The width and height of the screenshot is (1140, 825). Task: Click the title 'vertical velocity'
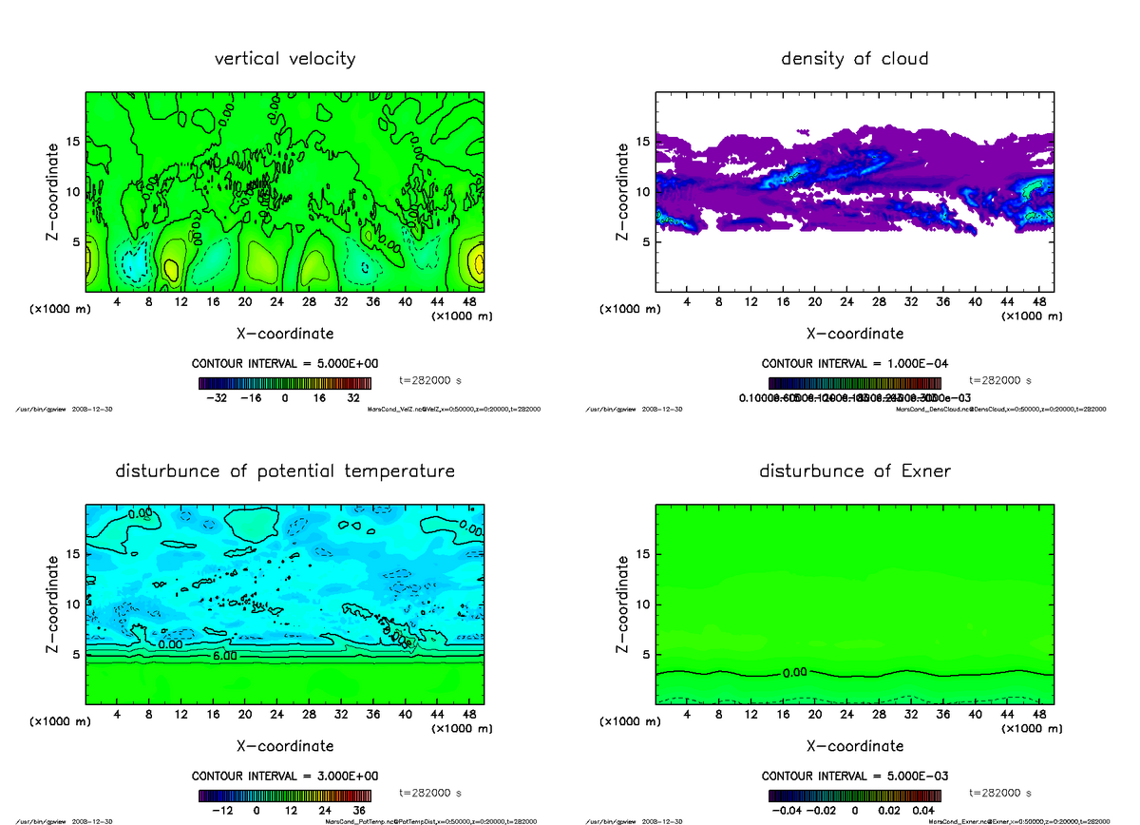(285, 59)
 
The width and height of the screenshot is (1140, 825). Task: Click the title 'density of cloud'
(854, 59)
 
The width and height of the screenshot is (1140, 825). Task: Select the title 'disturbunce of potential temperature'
(285, 471)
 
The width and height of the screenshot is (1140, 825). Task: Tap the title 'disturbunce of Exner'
(854, 471)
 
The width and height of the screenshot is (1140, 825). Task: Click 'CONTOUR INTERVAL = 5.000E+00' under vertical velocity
(285, 364)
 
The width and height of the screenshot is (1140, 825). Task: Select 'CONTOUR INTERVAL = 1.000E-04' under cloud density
(854, 364)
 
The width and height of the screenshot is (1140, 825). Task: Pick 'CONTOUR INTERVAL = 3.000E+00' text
(285, 776)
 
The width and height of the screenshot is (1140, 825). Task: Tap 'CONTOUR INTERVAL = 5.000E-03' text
(854, 776)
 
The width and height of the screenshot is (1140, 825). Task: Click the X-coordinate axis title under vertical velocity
(285, 334)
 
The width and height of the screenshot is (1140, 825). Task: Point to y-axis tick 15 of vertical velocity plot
(72, 141)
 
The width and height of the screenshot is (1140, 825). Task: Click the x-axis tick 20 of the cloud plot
(814, 302)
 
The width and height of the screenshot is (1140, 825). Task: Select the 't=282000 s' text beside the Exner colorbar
(1000, 793)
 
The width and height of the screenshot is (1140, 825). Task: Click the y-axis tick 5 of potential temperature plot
(76, 654)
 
